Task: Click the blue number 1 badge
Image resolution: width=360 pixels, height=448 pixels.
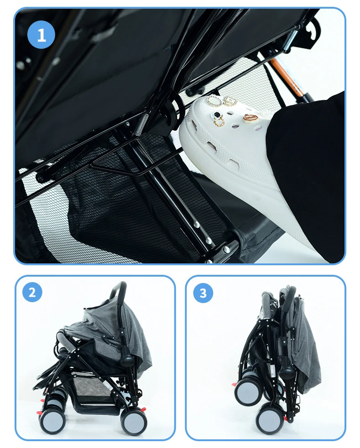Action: click(41, 35)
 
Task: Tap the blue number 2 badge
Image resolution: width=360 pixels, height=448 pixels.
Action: click(32, 292)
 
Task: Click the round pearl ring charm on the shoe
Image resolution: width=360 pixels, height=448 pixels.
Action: click(212, 101)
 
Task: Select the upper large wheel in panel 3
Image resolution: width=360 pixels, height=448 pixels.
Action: click(249, 392)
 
